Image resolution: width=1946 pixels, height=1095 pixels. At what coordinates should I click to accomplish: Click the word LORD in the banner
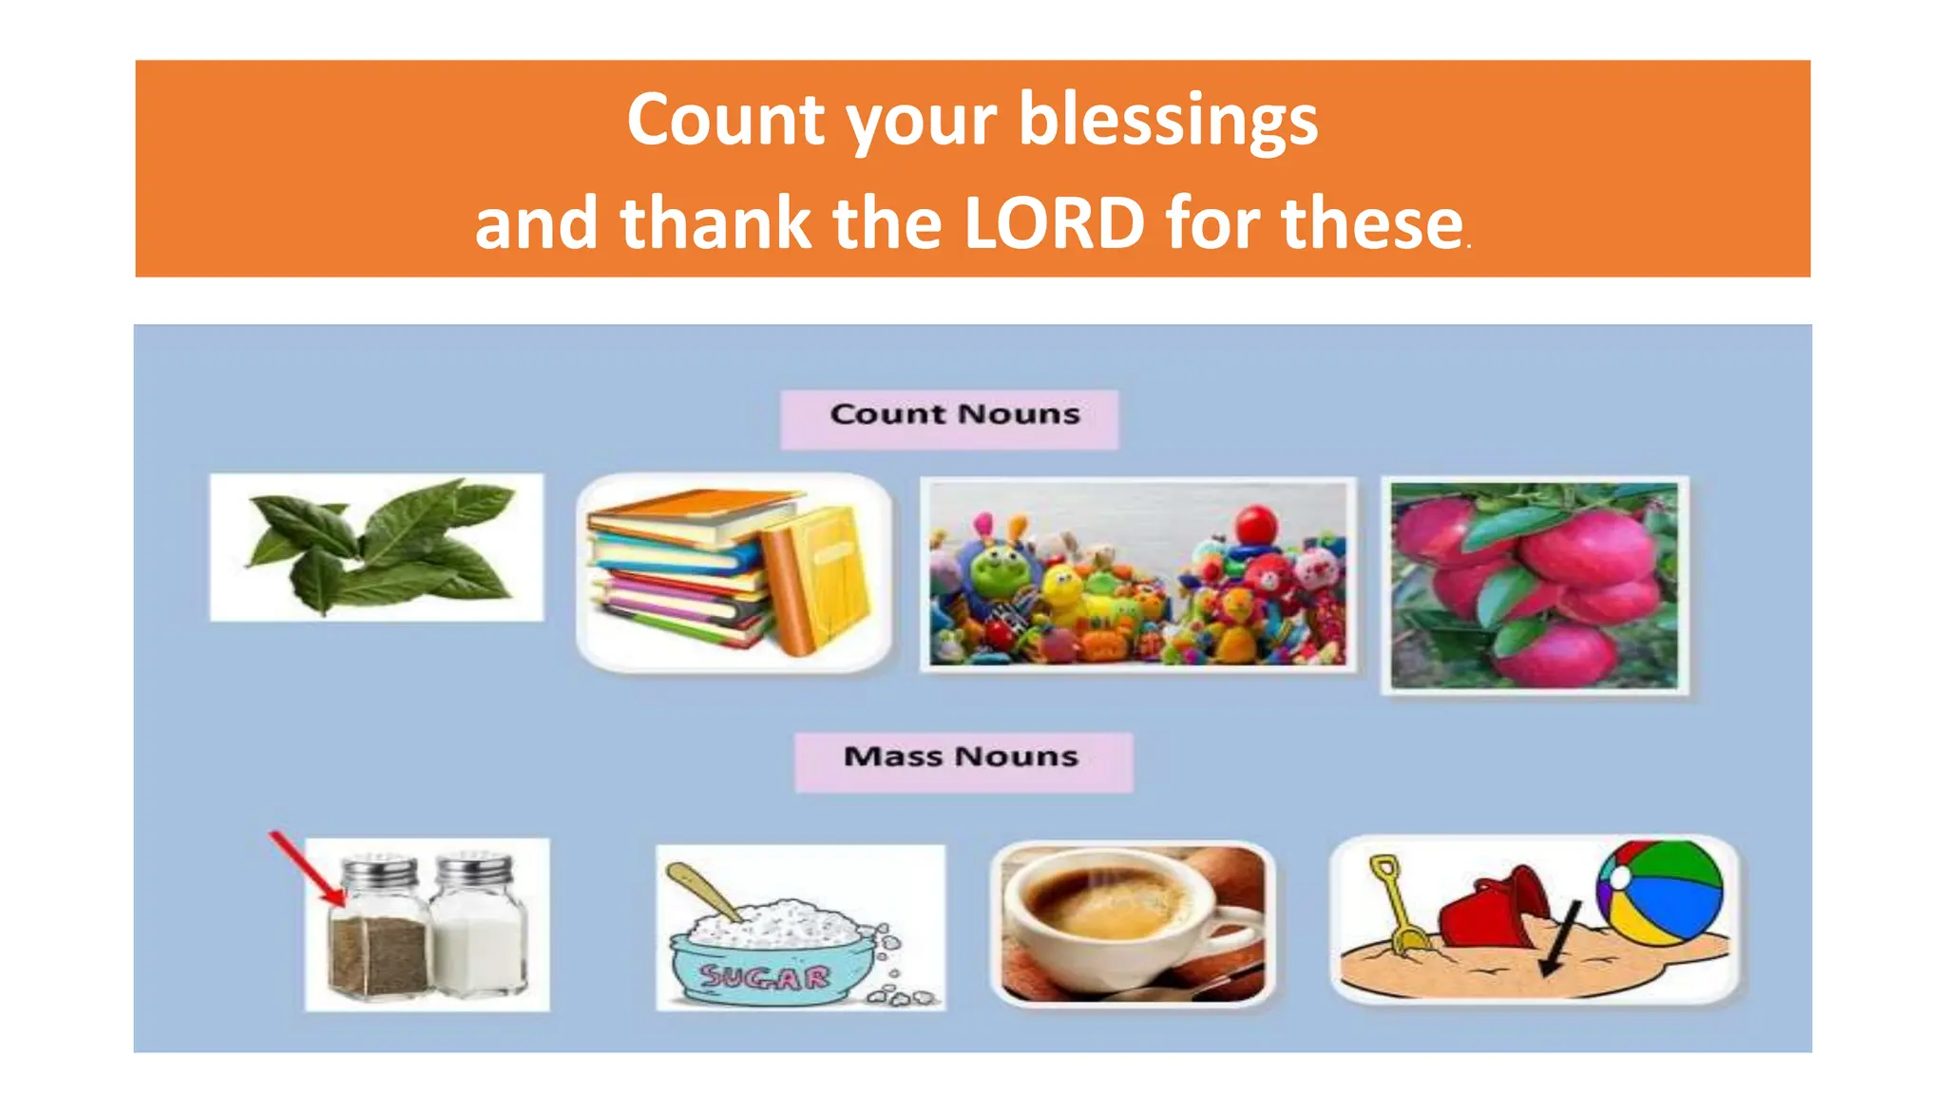coord(1054,224)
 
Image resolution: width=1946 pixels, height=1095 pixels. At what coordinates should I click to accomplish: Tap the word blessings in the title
coord(1168,122)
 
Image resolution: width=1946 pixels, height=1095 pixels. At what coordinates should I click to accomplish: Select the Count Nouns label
coord(953,415)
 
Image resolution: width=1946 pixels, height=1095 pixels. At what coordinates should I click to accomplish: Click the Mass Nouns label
coord(962,759)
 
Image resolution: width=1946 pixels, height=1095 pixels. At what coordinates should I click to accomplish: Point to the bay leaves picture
coord(376,547)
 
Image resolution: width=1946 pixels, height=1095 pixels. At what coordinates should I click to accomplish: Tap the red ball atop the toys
coord(1257,524)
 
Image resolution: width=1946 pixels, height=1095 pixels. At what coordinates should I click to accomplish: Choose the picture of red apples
coord(1534,584)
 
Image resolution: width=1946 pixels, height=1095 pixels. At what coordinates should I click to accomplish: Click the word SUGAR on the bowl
coord(765,976)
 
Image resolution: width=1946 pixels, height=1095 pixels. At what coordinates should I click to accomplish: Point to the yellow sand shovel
coord(1397,903)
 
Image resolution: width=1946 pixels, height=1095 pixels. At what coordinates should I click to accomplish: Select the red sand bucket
coord(1492,908)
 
